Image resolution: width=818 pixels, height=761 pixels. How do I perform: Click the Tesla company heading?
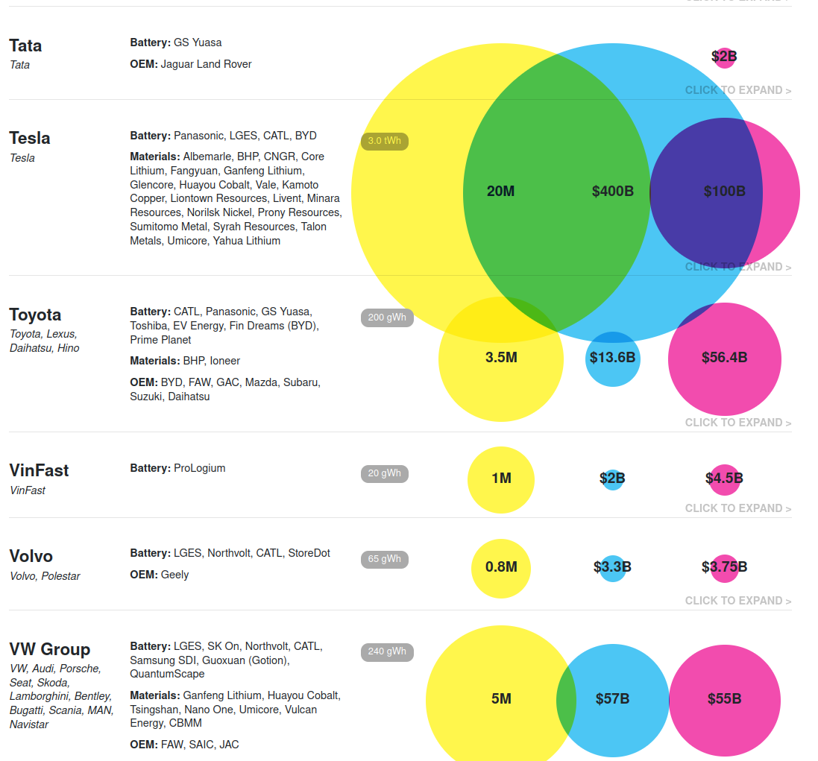pos(30,139)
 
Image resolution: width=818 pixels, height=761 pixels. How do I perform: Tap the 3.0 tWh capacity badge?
pos(384,141)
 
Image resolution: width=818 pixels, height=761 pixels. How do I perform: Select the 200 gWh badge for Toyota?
pos(387,318)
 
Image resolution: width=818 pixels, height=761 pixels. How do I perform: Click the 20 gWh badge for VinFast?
pos(384,473)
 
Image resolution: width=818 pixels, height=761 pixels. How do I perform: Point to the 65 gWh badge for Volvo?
pos(384,559)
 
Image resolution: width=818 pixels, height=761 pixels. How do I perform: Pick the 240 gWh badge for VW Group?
pos(387,651)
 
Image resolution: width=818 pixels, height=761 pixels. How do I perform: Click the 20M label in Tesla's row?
pos(500,192)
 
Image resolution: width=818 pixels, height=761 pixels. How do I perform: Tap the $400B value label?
pos(613,192)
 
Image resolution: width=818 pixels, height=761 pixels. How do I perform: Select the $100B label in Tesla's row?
pos(724,192)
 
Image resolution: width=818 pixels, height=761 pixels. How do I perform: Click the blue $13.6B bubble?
pos(612,359)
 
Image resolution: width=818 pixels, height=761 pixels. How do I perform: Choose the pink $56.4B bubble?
pos(724,359)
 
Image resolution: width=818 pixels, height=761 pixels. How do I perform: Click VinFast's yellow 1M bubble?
pos(501,479)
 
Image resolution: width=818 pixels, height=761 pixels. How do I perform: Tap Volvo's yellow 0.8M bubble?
pos(501,568)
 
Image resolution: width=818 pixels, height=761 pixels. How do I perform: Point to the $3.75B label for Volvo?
pos(724,567)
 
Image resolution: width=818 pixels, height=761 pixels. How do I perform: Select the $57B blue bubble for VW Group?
pos(613,700)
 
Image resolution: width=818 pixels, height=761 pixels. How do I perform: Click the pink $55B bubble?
pos(724,700)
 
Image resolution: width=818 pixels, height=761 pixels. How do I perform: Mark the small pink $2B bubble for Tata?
pos(724,57)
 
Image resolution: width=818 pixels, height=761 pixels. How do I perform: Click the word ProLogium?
pos(199,468)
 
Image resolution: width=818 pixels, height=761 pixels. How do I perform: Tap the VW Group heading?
pos(50,649)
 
